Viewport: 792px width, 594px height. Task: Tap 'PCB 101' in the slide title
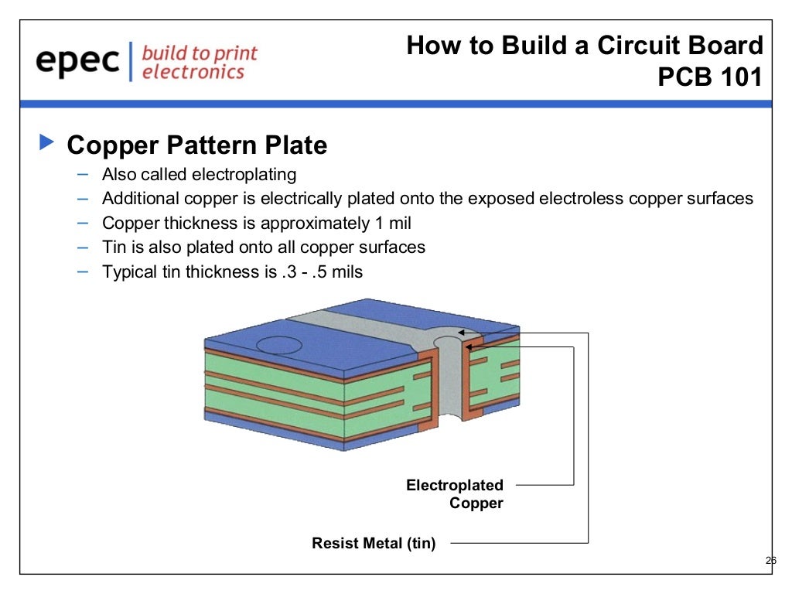pos(710,78)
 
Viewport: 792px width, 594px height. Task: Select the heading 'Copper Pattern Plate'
pos(197,145)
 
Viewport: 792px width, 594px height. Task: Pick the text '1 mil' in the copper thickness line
pos(391,224)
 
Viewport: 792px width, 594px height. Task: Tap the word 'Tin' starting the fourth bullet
pos(114,247)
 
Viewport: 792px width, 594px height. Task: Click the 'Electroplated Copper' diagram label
pos(455,494)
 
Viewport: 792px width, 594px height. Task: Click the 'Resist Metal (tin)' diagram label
pos(374,544)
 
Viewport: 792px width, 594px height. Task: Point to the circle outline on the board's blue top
pos(279,345)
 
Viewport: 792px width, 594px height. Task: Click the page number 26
pos(770,561)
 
